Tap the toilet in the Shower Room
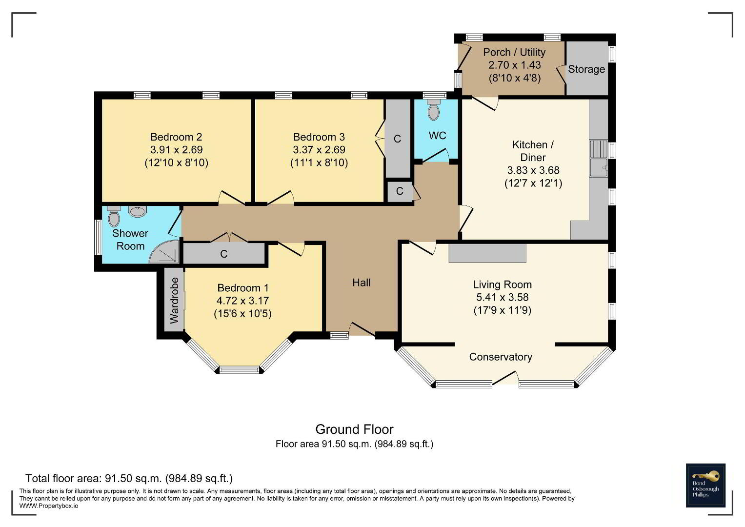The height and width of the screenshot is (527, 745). (114, 216)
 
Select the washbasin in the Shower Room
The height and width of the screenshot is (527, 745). (137, 212)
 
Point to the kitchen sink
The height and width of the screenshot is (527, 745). (599, 167)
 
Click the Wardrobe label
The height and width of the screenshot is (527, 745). (174, 301)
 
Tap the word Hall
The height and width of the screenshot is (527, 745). (361, 283)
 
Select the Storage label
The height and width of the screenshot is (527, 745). (586, 69)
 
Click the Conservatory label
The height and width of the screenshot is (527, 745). (501, 357)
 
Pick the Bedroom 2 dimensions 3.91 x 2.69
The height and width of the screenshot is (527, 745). (176, 150)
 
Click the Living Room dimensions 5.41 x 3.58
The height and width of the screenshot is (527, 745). (502, 297)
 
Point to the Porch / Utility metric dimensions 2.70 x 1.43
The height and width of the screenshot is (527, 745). (515, 65)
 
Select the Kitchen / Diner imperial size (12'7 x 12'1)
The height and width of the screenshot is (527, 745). (533, 183)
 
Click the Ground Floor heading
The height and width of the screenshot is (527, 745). (354, 429)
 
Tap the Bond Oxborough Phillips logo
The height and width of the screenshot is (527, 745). (705, 486)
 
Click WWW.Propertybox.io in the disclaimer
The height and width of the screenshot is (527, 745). (49, 506)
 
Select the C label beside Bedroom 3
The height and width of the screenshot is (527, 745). (397, 139)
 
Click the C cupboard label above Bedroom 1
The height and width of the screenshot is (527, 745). (224, 254)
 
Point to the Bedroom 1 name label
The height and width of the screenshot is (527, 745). (243, 288)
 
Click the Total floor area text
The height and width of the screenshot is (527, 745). (129, 478)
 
